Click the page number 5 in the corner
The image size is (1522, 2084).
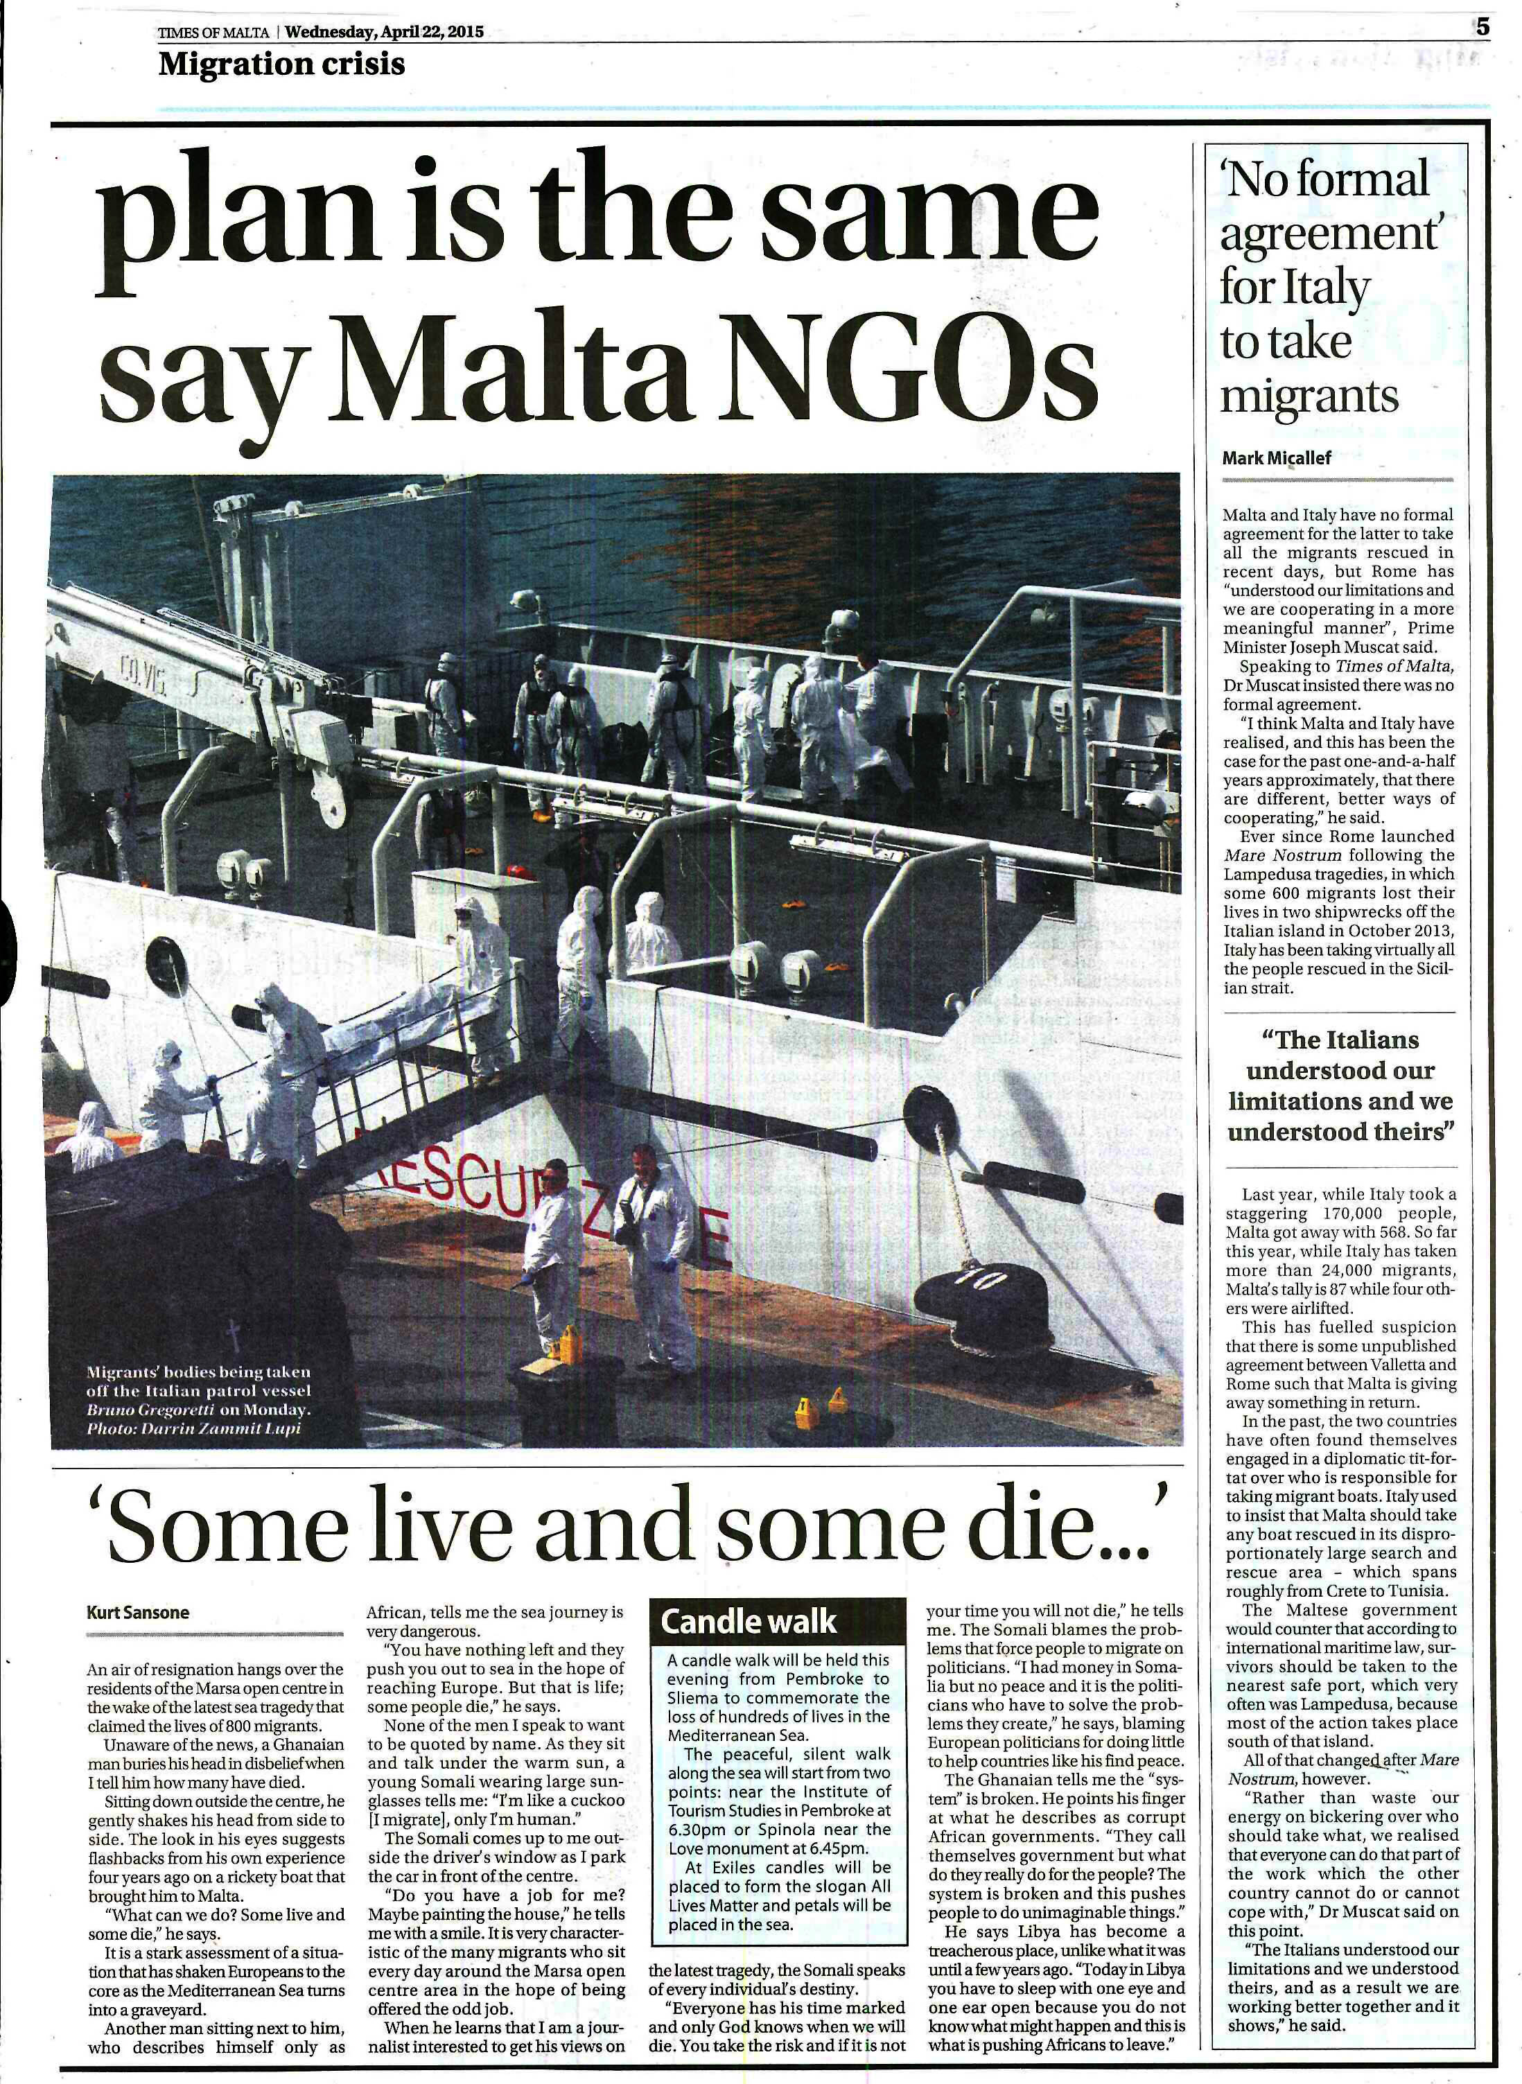click(1482, 28)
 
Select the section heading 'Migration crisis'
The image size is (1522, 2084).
click(281, 64)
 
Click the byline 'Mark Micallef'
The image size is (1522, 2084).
click(1276, 458)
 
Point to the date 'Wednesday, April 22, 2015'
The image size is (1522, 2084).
click(384, 33)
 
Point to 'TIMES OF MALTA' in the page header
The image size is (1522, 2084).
click(213, 33)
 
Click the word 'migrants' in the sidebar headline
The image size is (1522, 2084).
click(1309, 396)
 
